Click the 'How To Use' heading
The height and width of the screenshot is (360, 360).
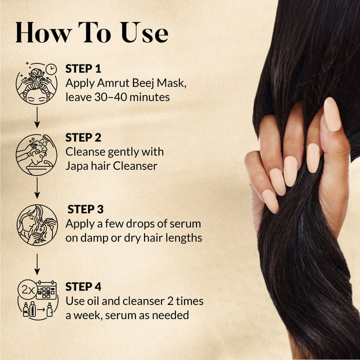pyautogui.click(x=91, y=32)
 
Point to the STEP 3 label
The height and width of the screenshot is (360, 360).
pyautogui.click(x=85, y=209)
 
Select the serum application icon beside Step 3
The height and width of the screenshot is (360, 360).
pyautogui.click(x=36, y=225)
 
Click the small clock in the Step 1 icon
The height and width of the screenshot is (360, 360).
pyautogui.click(x=50, y=69)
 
